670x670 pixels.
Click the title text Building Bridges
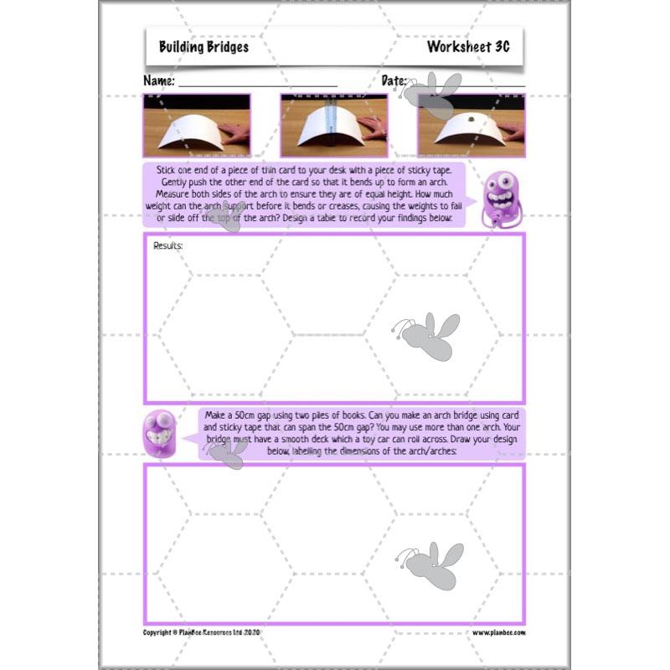click(204, 47)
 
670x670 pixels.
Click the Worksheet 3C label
click(468, 47)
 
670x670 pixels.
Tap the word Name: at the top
click(159, 81)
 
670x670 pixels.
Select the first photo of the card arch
click(197, 125)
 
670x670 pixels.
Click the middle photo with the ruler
click(333, 125)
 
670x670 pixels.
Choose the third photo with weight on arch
click(471, 125)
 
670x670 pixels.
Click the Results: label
click(168, 246)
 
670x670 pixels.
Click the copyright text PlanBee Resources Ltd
click(203, 632)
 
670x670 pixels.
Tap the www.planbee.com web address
click(498, 632)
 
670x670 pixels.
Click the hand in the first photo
click(238, 134)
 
